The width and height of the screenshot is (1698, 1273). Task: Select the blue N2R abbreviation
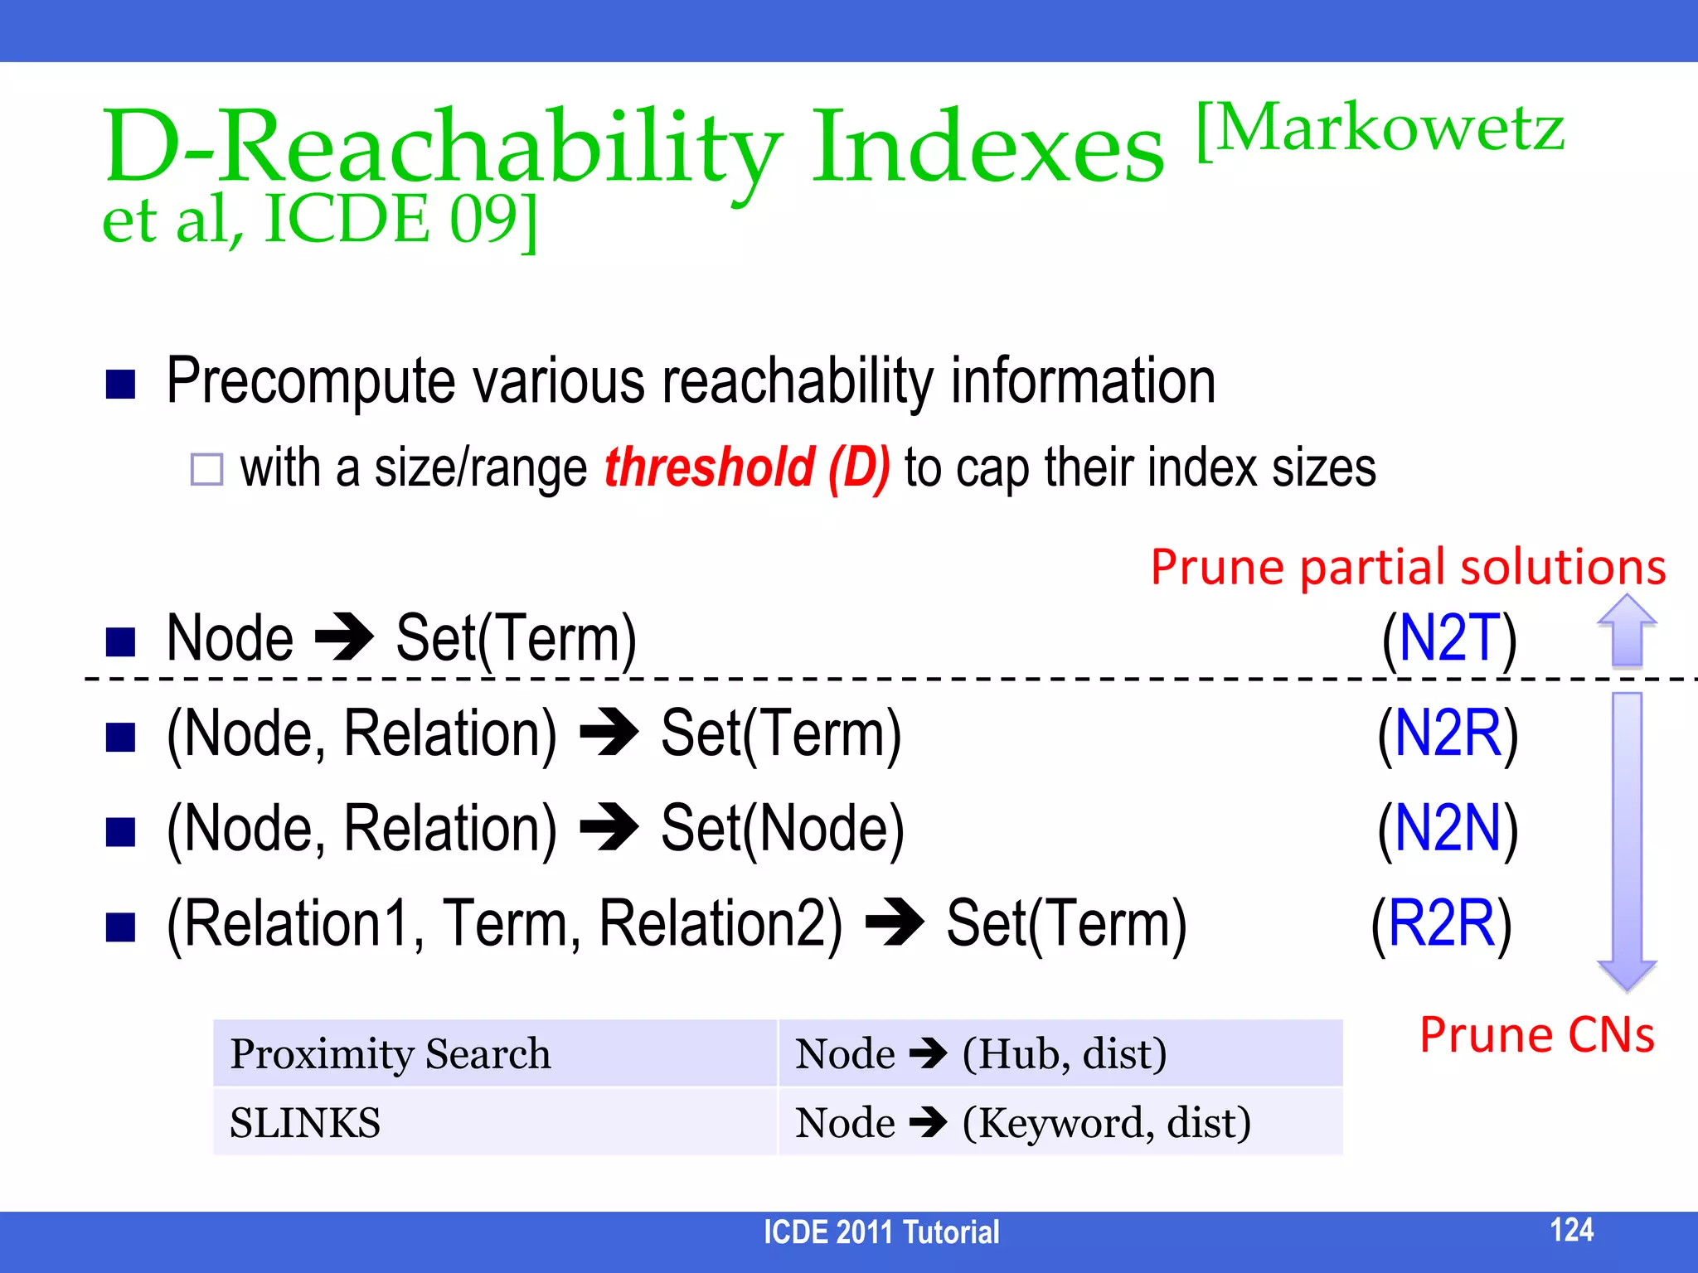[1448, 733]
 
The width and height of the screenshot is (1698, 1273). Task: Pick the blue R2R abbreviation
[1441, 923]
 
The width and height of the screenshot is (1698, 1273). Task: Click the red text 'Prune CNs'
[1537, 1035]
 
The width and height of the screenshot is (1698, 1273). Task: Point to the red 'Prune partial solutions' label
[1408, 568]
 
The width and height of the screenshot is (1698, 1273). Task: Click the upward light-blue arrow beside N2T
[1627, 632]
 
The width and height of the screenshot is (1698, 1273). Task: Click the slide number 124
[1571, 1230]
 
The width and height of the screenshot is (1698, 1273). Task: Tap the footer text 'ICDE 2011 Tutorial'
[881, 1232]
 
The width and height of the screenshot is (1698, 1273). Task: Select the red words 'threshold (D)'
[747, 467]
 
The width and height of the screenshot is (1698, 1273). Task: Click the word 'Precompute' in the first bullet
[311, 381]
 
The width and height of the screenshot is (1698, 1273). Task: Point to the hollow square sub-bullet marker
[206, 469]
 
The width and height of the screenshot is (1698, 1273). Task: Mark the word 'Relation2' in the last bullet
[720, 923]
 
